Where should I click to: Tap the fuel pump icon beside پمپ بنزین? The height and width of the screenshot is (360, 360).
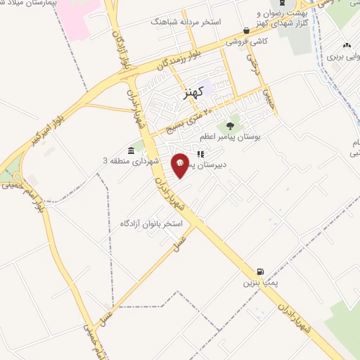[x=261, y=271]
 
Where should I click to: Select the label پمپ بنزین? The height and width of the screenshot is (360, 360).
[x=257, y=283]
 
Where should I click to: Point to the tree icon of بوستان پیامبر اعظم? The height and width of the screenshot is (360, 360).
[x=229, y=126]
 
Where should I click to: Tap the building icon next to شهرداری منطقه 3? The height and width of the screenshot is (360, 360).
[x=132, y=150]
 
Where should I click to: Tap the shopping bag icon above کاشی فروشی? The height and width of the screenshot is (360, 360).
[x=245, y=30]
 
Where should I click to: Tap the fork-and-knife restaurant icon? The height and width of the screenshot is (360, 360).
[x=200, y=153]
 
